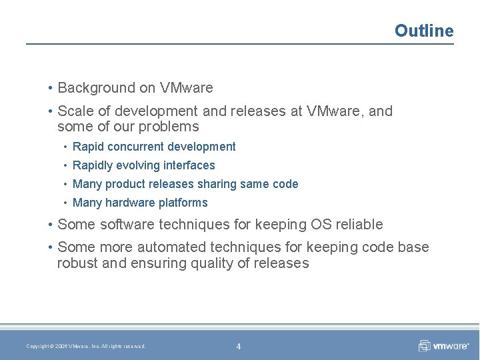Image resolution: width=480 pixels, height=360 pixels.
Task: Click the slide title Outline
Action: pyautogui.click(x=423, y=31)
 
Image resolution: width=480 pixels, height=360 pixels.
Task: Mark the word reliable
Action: pyautogui.click(x=359, y=225)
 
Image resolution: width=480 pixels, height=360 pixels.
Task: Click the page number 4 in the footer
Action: pyautogui.click(x=239, y=346)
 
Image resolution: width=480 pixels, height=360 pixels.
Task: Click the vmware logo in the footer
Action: pyautogui.click(x=443, y=345)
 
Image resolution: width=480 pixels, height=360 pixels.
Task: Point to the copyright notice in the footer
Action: pyautogui.click(x=85, y=346)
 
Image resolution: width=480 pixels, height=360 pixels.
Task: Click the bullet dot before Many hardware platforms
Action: pyautogui.click(x=65, y=203)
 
